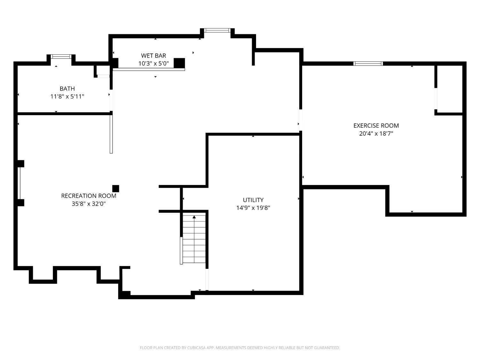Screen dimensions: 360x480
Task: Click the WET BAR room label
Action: pyautogui.click(x=154, y=56)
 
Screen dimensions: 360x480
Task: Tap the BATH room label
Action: pyautogui.click(x=67, y=89)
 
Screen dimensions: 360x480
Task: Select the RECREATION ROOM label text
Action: pyautogui.click(x=89, y=196)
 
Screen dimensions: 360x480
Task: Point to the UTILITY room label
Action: pyautogui.click(x=253, y=200)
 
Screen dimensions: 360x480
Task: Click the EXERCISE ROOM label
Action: pyautogui.click(x=376, y=126)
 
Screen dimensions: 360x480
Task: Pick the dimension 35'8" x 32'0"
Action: pyautogui.click(x=89, y=204)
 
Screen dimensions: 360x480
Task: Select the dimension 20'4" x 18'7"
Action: pyautogui.click(x=376, y=134)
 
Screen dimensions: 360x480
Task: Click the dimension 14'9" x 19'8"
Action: pyautogui.click(x=253, y=208)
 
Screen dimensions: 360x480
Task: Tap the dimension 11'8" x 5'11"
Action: pyautogui.click(x=67, y=96)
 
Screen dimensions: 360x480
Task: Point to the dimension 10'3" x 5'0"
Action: pyautogui.click(x=154, y=63)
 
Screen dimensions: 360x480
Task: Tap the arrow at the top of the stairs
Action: pyautogui.click(x=194, y=217)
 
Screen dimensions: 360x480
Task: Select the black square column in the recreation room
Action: pyautogui.click(x=116, y=188)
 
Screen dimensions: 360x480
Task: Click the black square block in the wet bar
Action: pyautogui.click(x=179, y=63)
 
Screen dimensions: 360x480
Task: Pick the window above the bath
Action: pyautogui.click(x=61, y=57)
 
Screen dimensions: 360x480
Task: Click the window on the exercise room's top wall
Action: pyautogui.click(x=368, y=64)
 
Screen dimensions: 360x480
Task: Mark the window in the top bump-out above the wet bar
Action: pyautogui.click(x=217, y=30)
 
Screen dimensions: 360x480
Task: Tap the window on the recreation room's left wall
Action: pyautogui.click(x=20, y=183)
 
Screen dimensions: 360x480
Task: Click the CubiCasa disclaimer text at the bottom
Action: pyautogui.click(x=240, y=348)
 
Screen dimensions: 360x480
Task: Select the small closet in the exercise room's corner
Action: pyautogui.click(x=450, y=89)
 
